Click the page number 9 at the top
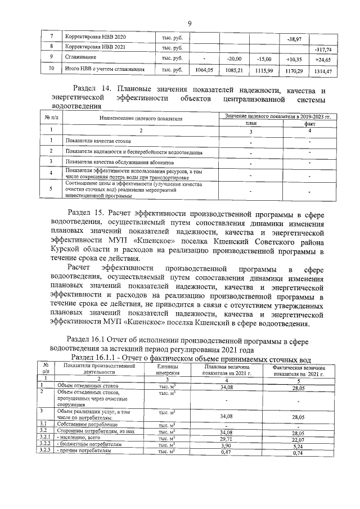click(190, 23)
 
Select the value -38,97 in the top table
click(294, 39)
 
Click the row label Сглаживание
click(80, 57)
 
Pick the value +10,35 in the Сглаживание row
click(294, 59)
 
